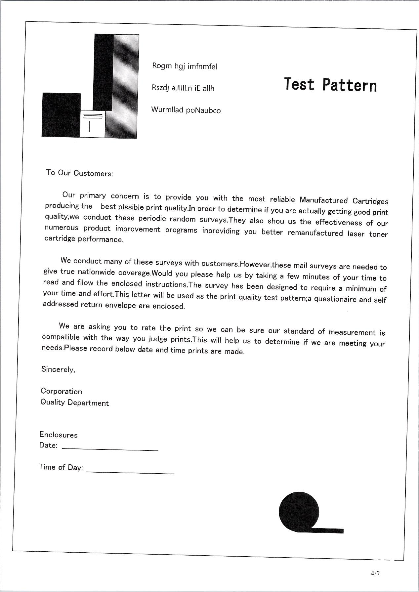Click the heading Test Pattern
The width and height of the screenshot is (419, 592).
tap(330, 85)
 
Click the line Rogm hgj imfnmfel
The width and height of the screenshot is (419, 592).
tap(184, 66)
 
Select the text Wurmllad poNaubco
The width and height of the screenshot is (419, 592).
tap(186, 110)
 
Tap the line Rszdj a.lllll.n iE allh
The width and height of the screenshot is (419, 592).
tap(183, 88)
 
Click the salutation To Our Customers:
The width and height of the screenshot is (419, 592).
tap(80, 173)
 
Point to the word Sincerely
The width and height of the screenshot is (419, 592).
tap(58, 369)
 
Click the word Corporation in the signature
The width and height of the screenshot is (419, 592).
tap(61, 391)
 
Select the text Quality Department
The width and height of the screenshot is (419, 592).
tap(74, 403)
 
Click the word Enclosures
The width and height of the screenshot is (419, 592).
tap(59, 435)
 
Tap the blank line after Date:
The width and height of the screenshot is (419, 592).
tap(110, 448)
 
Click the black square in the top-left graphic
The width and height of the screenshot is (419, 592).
tap(61, 114)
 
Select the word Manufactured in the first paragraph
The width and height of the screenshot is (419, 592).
tap(324, 200)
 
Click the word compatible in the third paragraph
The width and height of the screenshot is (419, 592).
tap(61, 337)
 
